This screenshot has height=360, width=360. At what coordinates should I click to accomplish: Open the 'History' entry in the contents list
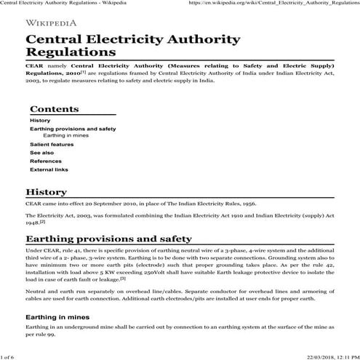[40, 120]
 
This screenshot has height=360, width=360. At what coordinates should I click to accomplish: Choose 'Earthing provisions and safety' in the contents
[73, 129]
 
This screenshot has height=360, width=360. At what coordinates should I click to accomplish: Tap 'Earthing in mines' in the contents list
[66, 135]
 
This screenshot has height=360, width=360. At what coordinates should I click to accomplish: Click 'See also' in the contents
[41, 153]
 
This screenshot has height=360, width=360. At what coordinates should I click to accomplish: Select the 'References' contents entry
[45, 161]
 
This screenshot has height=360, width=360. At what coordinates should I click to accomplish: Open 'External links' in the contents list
[49, 169]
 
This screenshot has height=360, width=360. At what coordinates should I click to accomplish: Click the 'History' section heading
[47, 192]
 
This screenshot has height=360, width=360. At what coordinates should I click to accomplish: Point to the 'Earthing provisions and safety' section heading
[108, 239]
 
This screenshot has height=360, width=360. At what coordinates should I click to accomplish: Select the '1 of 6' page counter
[9, 356]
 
